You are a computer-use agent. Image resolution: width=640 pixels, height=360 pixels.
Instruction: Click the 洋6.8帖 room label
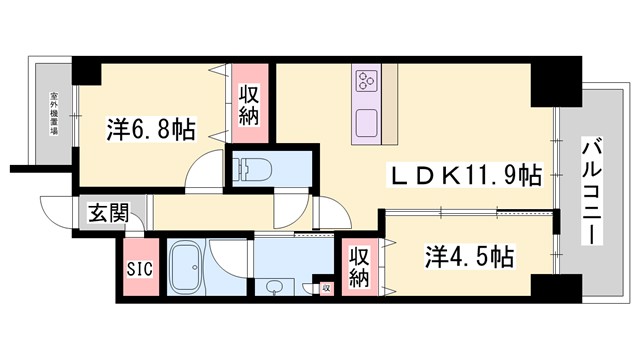tap(150, 130)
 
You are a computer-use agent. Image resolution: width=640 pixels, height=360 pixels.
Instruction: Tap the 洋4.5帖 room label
tap(468, 257)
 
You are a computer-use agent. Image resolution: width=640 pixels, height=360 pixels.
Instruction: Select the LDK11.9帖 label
tap(464, 176)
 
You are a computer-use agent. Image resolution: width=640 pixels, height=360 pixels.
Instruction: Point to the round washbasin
tap(272, 287)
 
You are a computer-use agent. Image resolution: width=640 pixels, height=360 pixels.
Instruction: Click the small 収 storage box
tap(325, 287)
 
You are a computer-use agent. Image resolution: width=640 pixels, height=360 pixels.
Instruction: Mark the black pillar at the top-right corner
tap(549, 83)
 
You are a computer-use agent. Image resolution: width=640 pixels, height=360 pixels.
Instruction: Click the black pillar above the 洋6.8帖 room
tap(87, 71)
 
